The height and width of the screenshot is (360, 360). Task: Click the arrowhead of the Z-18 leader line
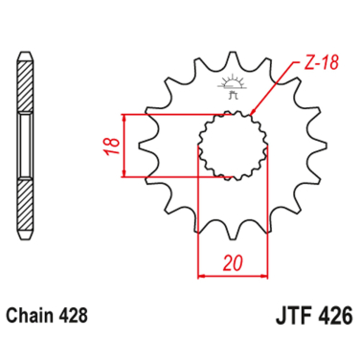[252, 113]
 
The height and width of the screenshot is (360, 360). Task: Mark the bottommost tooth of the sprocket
[229, 230]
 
